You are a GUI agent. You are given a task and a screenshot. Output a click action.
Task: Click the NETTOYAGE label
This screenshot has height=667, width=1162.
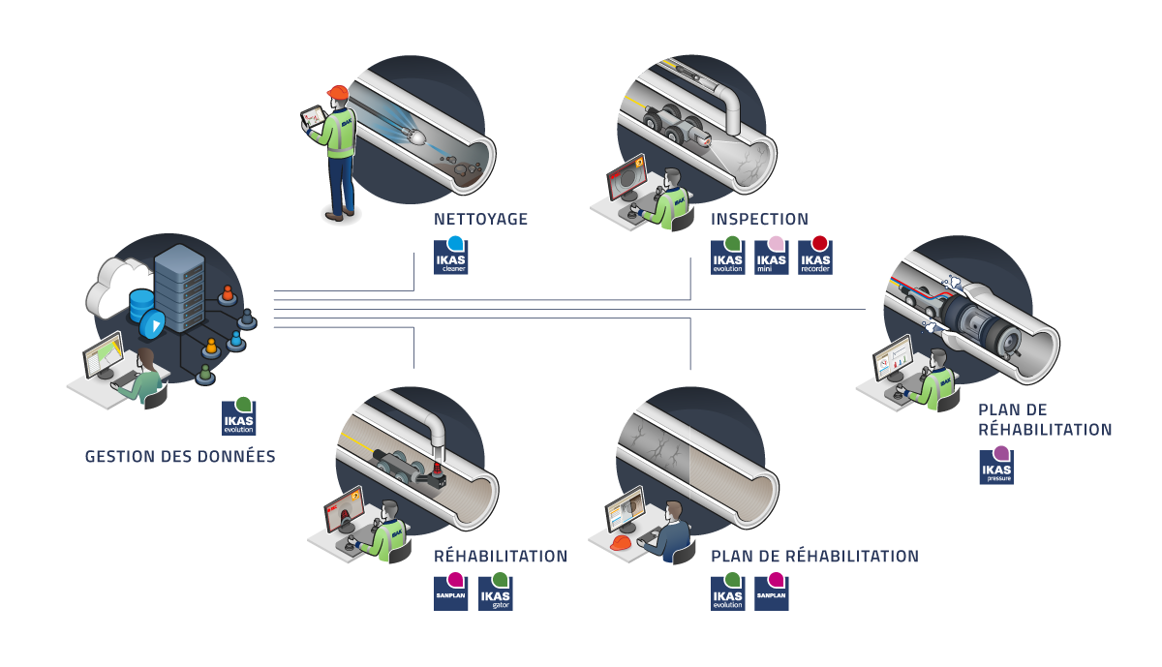[481, 219]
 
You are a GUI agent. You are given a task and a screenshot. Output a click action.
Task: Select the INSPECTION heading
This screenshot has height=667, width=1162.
[759, 219]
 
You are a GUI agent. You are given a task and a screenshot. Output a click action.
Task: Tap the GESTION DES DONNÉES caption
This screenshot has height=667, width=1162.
[180, 456]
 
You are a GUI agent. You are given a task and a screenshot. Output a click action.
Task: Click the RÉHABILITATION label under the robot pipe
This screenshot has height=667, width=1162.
[501, 557]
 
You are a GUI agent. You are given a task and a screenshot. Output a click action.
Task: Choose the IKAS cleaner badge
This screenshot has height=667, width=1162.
[450, 257]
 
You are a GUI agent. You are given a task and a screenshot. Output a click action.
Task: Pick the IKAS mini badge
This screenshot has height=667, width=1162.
[772, 257]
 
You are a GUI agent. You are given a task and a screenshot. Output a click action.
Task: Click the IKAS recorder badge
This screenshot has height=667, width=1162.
[815, 257]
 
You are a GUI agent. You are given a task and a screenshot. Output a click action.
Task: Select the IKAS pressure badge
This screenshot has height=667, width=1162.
[996, 466]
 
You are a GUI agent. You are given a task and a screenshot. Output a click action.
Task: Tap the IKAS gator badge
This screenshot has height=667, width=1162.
[496, 592]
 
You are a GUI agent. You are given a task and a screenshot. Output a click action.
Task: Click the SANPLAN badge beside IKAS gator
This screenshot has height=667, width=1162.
[451, 592]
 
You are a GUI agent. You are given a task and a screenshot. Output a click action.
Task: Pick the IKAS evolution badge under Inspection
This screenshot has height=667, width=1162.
[727, 257]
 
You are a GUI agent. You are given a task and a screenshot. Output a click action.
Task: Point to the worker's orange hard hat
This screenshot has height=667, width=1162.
[337, 93]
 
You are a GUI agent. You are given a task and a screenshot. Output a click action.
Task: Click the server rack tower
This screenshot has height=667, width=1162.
[181, 290]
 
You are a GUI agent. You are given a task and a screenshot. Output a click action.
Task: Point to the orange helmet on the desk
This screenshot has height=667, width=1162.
[620, 543]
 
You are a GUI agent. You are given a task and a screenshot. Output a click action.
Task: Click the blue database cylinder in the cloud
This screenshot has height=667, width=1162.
[141, 303]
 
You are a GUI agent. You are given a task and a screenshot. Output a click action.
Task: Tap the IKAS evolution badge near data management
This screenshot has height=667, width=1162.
[238, 416]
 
